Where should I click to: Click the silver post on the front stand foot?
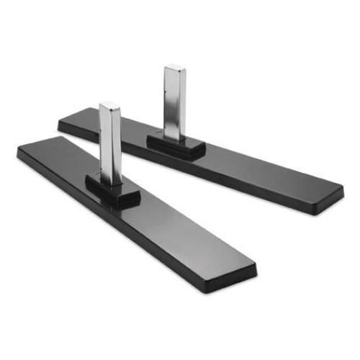coord(109,144)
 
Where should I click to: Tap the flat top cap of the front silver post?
coord(109,107)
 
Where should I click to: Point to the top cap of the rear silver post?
coord(174,69)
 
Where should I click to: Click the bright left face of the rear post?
coord(170,104)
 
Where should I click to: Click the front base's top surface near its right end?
coord(216,256)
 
